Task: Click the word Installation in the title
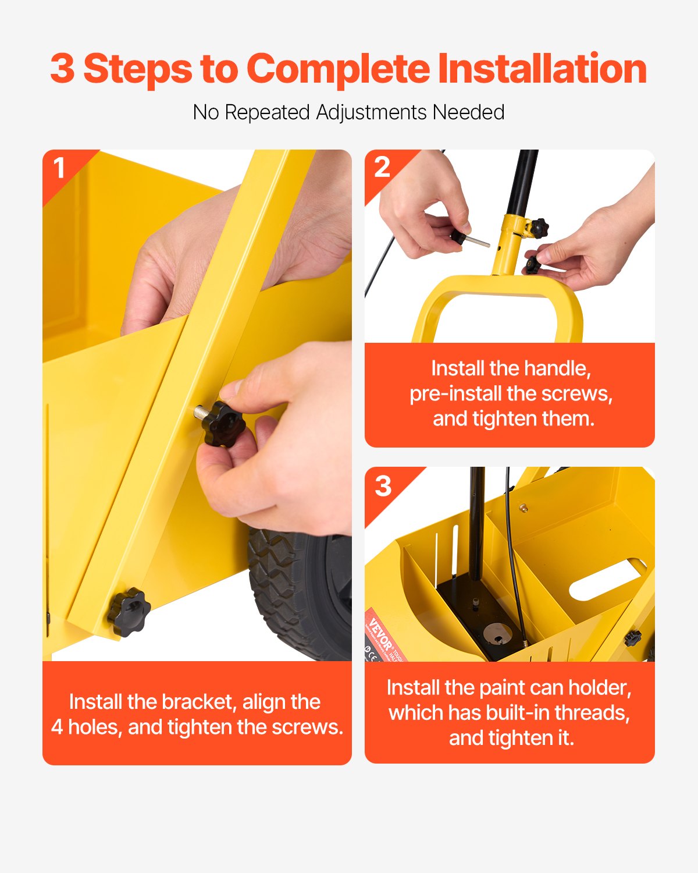(x=542, y=69)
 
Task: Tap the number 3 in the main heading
(x=62, y=69)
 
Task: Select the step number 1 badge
(x=59, y=168)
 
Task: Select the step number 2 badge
(x=382, y=168)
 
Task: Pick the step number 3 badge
(x=383, y=486)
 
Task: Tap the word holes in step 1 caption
(x=95, y=727)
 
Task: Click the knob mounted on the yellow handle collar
(x=539, y=226)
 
